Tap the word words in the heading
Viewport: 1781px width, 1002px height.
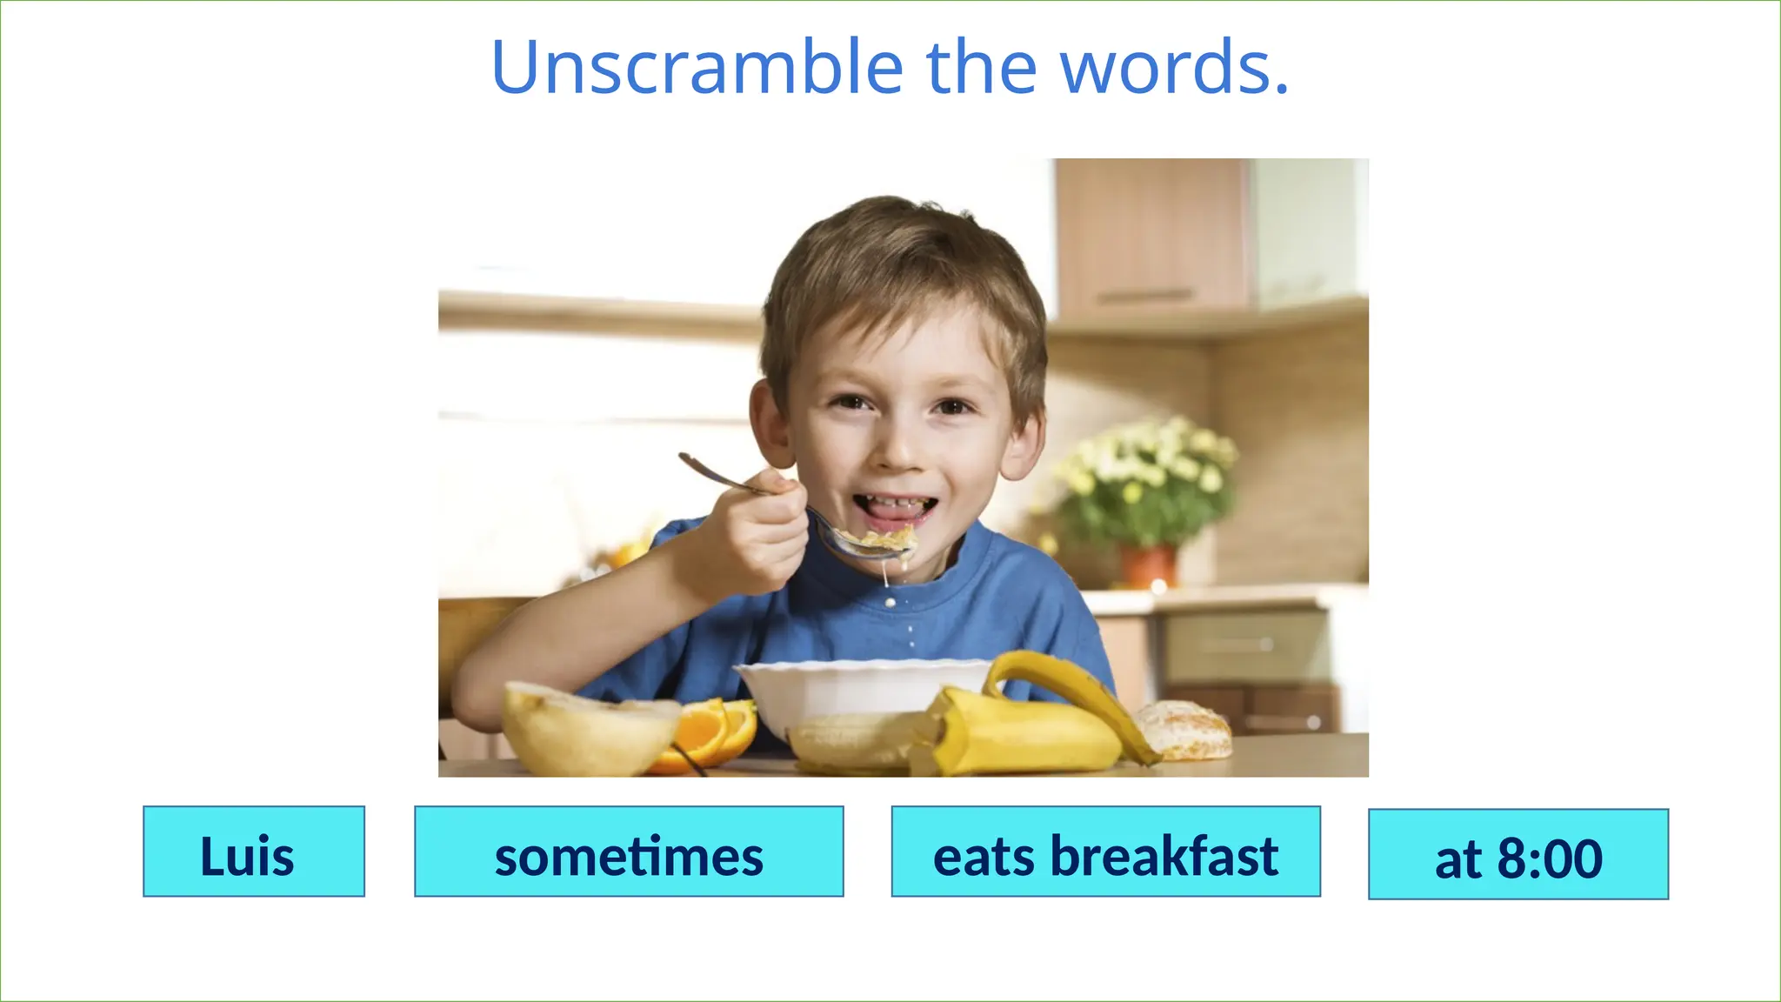click(x=1174, y=68)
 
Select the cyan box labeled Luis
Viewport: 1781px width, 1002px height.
click(x=253, y=852)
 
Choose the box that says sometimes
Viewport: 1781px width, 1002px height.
click(x=629, y=852)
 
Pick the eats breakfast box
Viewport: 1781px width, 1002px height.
click(x=1105, y=852)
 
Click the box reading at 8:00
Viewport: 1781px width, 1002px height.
click(x=1518, y=854)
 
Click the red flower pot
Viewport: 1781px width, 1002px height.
click(x=1148, y=565)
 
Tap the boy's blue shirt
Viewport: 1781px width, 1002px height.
click(x=1000, y=609)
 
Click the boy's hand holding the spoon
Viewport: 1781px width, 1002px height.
click(x=757, y=531)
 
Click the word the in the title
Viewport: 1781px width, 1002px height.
click(x=983, y=68)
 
